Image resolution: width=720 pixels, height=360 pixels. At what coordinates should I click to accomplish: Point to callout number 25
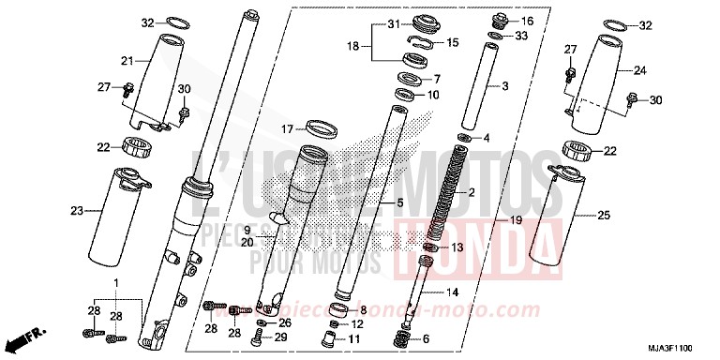tap(603, 216)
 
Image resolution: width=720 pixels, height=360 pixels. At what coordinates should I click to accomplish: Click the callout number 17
tap(288, 128)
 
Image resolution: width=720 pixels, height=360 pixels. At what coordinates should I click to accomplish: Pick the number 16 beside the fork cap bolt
tap(526, 21)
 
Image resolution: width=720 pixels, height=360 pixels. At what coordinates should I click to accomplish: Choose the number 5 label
tap(399, 202)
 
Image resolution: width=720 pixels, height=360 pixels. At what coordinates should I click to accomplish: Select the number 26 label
tap(285, 323)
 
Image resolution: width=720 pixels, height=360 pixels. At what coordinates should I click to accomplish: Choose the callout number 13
tap(457, 247)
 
